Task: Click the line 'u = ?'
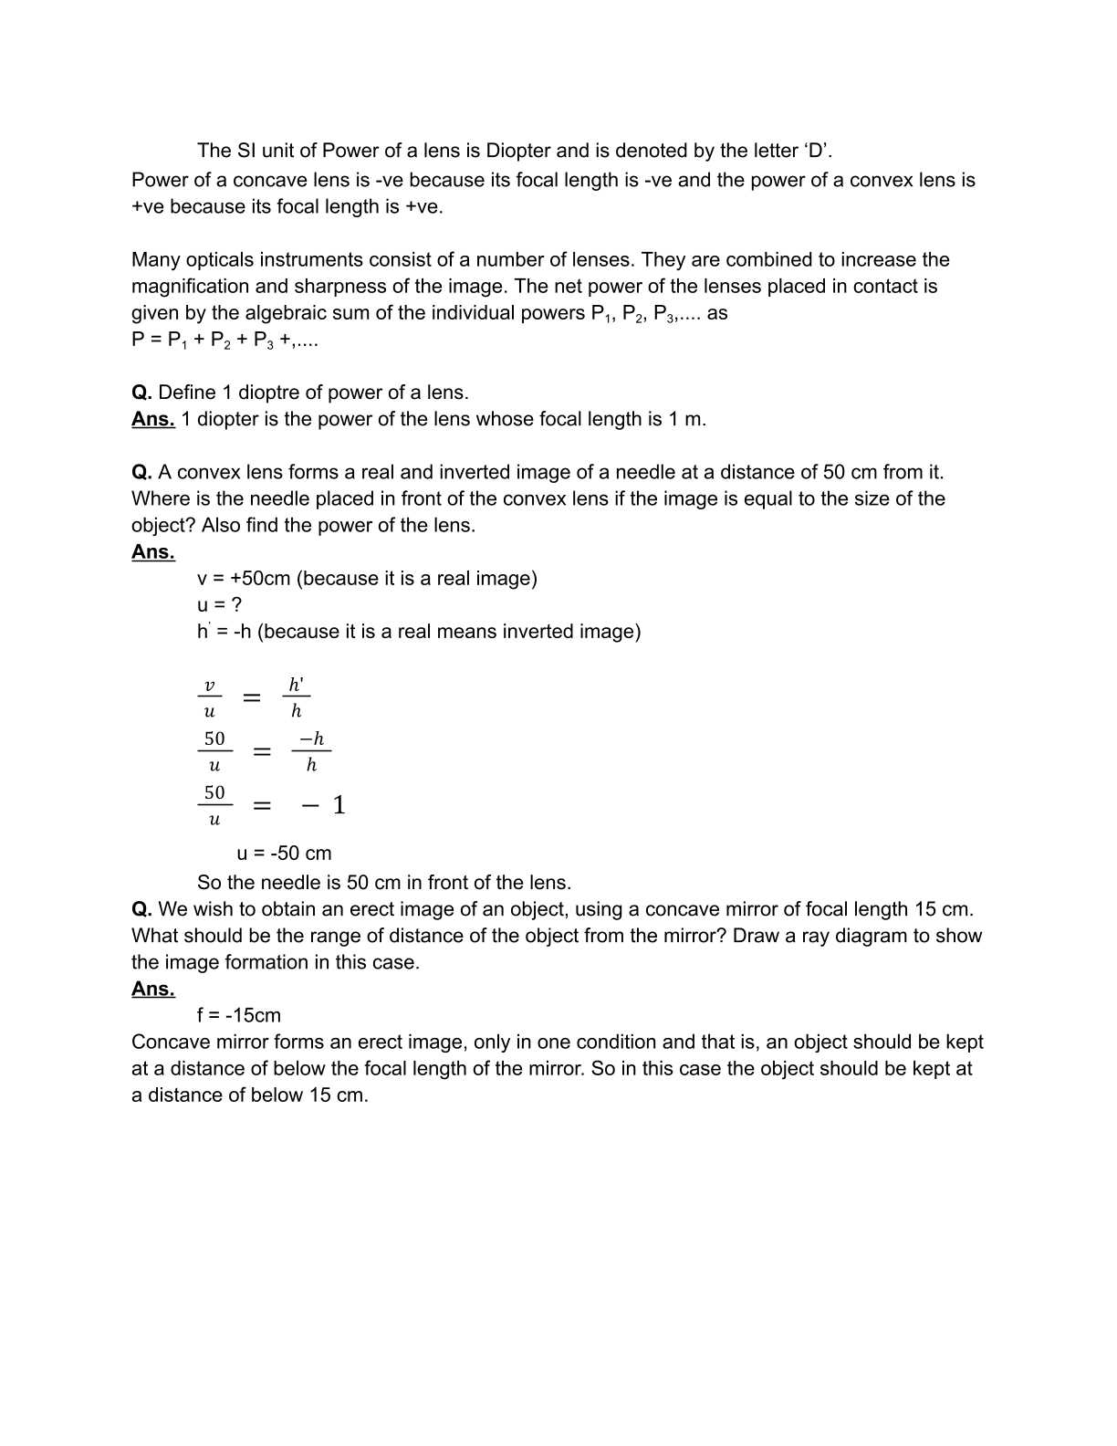219,605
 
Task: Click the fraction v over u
209,697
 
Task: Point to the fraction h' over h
296,697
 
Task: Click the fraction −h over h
311,751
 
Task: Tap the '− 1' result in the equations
324,805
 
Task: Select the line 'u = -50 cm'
284,854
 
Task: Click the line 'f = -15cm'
239,1015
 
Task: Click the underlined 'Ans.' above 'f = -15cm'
152,989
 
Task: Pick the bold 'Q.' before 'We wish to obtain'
141,909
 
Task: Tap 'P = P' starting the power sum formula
157,341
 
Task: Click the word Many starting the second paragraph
155,260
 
